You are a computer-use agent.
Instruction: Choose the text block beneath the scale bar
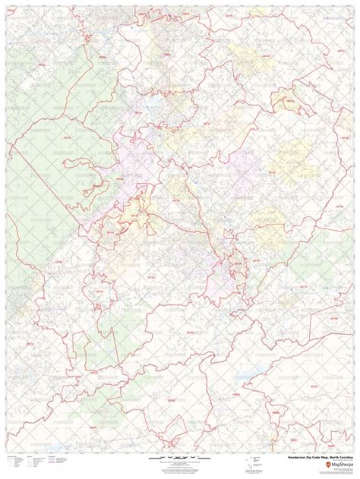179,468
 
